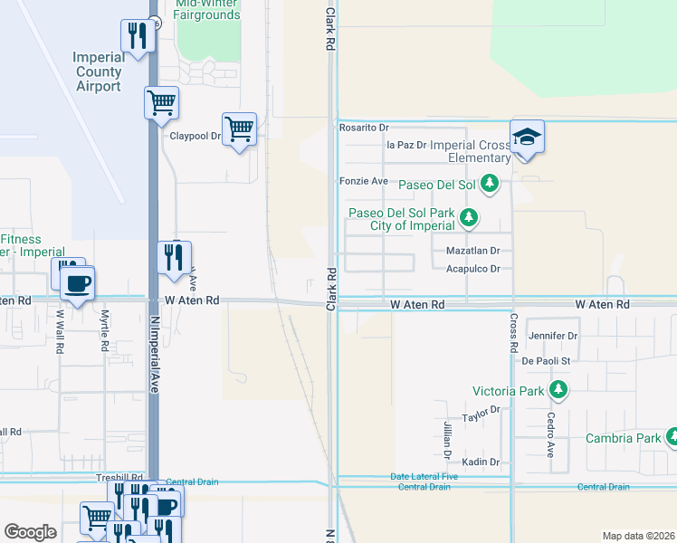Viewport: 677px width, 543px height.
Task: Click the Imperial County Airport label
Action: (98, 71)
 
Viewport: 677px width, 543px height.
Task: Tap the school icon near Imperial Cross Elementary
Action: (527, 137)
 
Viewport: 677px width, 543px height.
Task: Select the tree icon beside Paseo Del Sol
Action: (490, 184)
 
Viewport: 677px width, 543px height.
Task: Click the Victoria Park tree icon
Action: (558, 390)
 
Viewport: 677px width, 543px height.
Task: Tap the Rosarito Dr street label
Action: (363, 128)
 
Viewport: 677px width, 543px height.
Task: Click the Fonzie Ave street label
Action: (363, 181)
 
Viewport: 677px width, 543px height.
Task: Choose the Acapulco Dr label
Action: (473, 269)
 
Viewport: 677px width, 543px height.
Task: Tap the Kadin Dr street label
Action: (482, 462)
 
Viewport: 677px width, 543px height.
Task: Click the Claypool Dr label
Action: (195, 137)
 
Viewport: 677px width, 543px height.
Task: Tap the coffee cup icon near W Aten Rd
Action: (77, 283)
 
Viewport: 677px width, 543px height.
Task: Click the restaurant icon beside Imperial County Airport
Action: (137, 37)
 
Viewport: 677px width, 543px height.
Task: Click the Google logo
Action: (30, 532)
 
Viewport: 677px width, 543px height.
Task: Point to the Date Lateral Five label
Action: (424, 477)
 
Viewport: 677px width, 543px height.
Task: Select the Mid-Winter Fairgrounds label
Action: (207, 10)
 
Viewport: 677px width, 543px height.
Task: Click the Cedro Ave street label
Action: (550, 434)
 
